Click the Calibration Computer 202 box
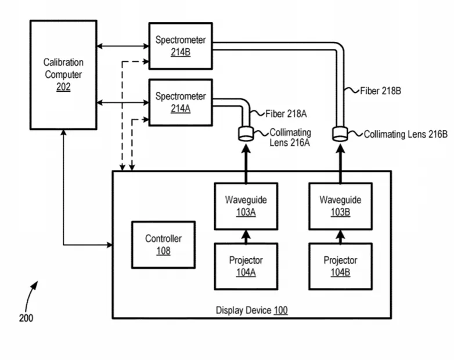pos(63,75)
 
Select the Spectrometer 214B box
pos(181,46)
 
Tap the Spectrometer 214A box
pos(181,103)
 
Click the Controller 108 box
pos(163,244)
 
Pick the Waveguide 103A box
pos(246,206)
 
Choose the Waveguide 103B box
pos(340,206)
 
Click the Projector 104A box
pos(246,267)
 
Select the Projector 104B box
pos(340,267)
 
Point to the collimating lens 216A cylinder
pos(246,134)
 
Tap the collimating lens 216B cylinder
pos(340,134)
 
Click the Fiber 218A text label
pos(286,114)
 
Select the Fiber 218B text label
pos(380,91)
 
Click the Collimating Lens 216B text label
pos(406,134)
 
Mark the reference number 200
pos(26,318)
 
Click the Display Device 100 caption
pos(251,310)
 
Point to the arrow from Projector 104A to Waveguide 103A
pos(246,237)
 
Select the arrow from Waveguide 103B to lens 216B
pos(340,164)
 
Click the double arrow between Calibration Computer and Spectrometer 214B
pos(122,46)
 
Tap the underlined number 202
pos(63,87)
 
